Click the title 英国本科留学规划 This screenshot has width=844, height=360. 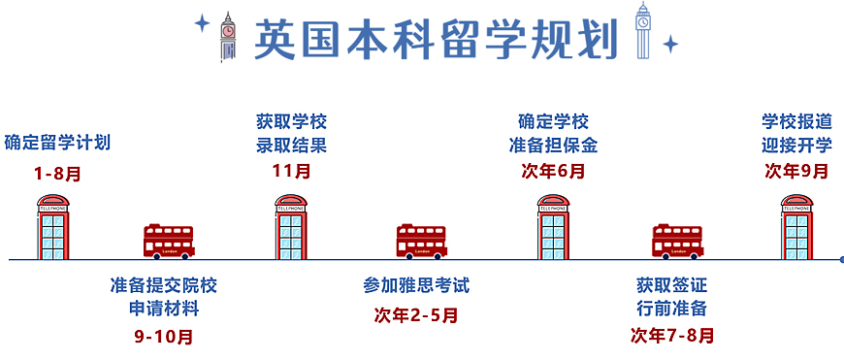click(436, 38)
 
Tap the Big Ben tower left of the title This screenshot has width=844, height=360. click(228, 37)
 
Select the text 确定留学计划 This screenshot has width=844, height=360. click(57, 143)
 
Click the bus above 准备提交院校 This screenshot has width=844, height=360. click(169, 241)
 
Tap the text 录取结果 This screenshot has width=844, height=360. click(292, 147)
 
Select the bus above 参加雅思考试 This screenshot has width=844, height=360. click(421, 241)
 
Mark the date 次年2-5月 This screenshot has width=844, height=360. click(416, 314)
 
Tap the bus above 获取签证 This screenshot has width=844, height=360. click(676, 241)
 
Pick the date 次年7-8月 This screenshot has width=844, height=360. click(672, 337)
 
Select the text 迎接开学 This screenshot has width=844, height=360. click(796, 147)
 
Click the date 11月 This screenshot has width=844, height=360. click(292, 172)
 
